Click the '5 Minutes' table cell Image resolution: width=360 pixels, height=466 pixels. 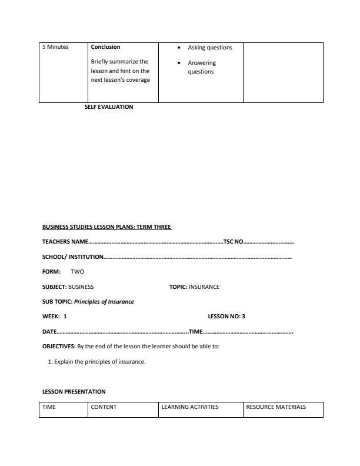(55, 48)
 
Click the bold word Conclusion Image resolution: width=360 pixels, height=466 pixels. (105, 48)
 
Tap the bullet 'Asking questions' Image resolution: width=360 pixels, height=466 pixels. (209, 48)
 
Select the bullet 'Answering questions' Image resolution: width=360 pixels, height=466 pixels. (202, 67)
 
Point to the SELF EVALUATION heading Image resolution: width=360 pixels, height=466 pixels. (109, 106)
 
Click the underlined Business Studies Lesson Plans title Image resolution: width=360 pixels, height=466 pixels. (106, 227)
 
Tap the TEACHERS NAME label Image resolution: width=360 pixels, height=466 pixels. (65, 242)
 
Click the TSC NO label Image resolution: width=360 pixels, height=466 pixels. (233, 242)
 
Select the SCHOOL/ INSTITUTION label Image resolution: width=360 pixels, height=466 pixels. (73, 257)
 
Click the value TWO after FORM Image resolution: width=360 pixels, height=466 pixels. (77, 272)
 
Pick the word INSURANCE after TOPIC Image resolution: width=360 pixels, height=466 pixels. (204, 287)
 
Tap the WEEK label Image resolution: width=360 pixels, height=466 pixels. (51, 317)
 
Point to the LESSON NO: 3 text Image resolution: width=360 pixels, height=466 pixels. (226, 317)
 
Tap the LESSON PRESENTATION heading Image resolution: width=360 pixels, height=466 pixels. (74, 391)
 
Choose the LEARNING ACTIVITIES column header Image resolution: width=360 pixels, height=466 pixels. (189, 407)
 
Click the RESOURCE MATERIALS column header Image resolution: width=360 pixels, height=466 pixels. (276, 407)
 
